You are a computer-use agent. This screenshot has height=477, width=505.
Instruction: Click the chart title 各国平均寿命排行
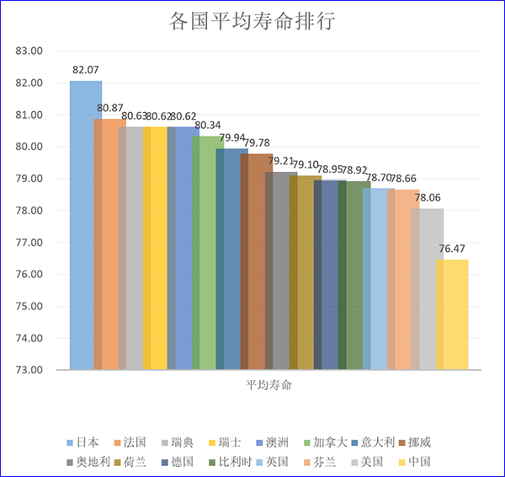(252, 21)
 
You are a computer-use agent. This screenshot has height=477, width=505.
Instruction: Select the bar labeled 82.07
(84, 224)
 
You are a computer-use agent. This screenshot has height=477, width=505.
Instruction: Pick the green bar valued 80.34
(207, 252)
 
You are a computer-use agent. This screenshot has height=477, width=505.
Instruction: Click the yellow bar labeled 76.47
(453, 314)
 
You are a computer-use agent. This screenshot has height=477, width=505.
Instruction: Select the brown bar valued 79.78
(256, 261)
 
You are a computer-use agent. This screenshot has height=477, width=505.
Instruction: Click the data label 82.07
(86, 70)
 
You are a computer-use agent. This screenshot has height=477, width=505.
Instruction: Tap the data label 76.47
(453, 249)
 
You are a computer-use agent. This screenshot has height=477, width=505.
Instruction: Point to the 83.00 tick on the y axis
(29, 51)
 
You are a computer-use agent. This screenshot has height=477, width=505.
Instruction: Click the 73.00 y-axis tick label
(29, 369)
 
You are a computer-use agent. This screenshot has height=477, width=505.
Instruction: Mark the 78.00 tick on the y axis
(29, 210)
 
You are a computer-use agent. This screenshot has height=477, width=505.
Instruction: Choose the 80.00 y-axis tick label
(29, 147)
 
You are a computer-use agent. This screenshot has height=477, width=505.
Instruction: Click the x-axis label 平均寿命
(268, 384)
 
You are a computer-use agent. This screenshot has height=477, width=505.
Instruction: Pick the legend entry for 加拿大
(324, 442)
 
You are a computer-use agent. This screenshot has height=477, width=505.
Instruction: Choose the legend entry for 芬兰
(324, 462)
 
